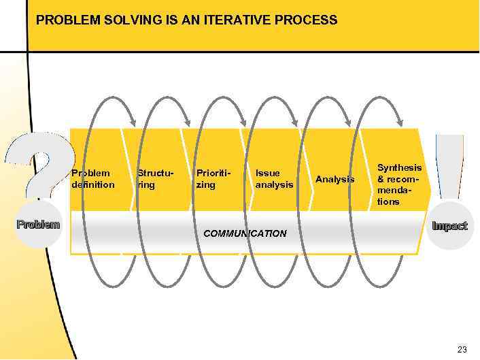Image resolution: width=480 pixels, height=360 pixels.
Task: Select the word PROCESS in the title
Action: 305,20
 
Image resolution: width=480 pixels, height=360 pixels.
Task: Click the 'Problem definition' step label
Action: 93,179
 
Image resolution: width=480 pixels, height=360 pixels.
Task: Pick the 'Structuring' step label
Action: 155,179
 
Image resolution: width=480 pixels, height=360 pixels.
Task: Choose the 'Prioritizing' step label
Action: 213,179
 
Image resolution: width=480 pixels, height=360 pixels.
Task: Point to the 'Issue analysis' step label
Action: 274,179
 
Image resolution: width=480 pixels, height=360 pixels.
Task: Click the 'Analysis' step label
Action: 335,179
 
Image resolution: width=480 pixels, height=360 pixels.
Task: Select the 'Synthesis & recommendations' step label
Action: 399,184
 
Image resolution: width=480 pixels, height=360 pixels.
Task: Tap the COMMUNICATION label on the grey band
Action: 245,233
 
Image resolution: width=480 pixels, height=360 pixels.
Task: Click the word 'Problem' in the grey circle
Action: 38,224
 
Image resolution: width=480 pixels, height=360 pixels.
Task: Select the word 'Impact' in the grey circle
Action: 450,226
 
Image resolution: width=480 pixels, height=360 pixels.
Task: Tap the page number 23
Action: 462,350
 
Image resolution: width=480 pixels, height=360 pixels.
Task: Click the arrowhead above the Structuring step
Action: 133,122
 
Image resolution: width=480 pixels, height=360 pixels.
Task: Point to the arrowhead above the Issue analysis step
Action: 295,122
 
